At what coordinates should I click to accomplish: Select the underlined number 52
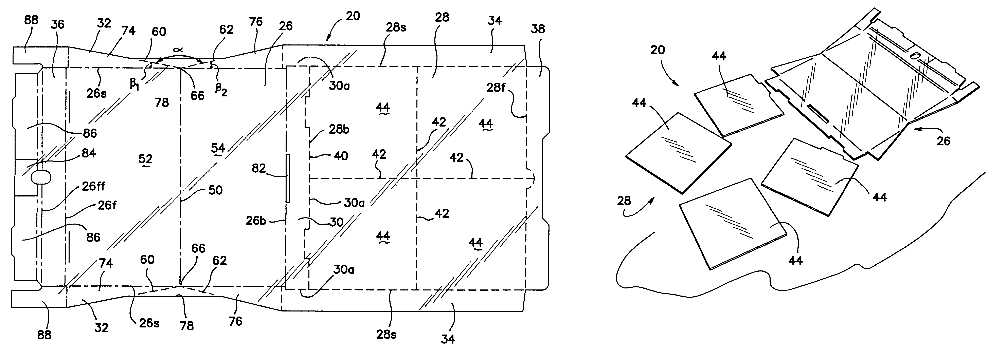pos(145,159)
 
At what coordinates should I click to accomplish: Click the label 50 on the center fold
pos(215,190)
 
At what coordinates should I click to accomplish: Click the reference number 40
pos(341,156)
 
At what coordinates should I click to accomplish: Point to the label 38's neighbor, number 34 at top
pos(494,20)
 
